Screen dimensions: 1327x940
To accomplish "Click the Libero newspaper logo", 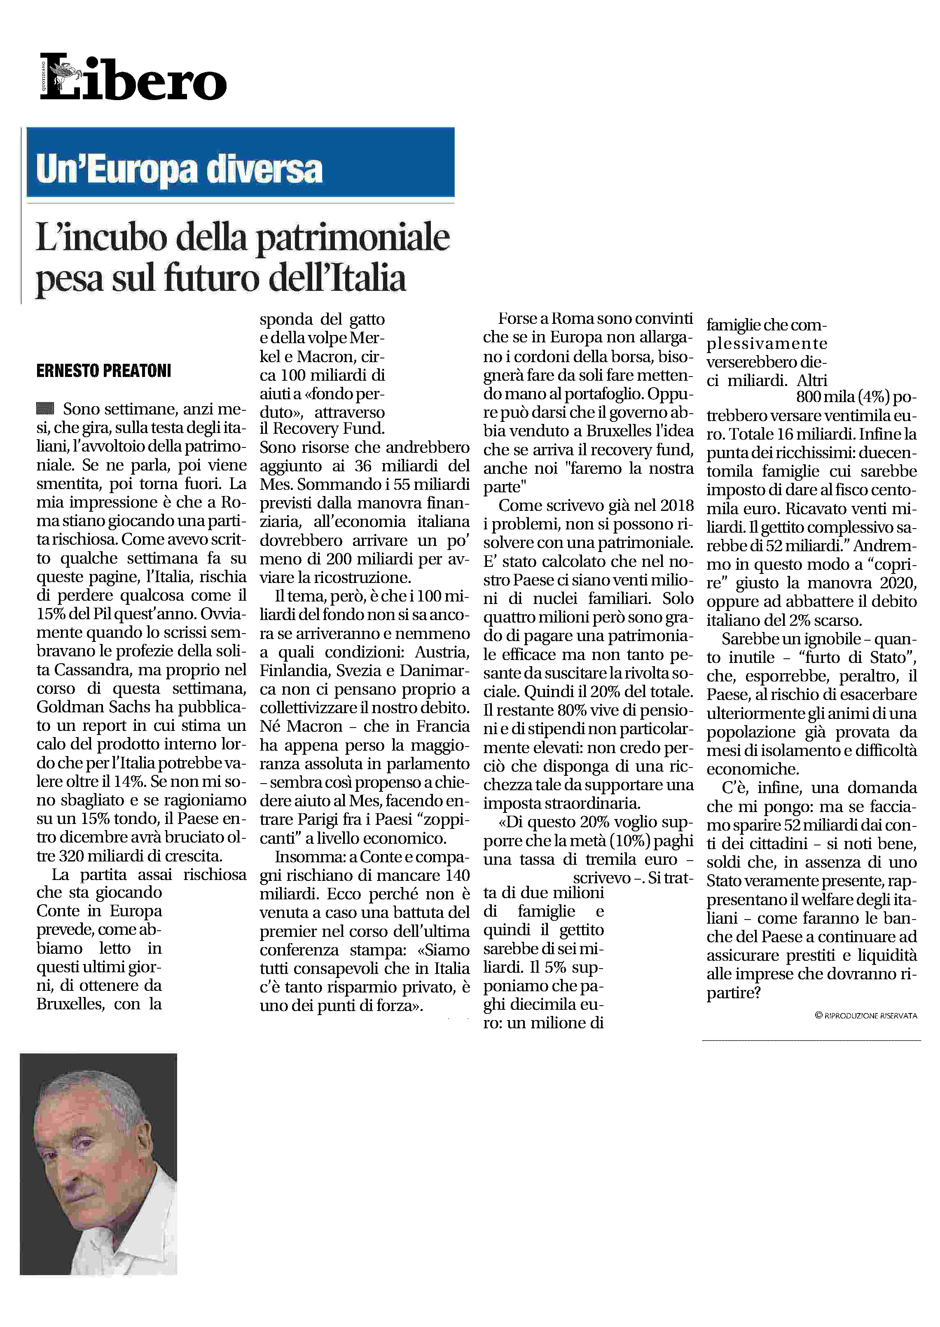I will (x=133, y=77).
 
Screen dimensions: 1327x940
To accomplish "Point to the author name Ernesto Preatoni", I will (x=104, y=370).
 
